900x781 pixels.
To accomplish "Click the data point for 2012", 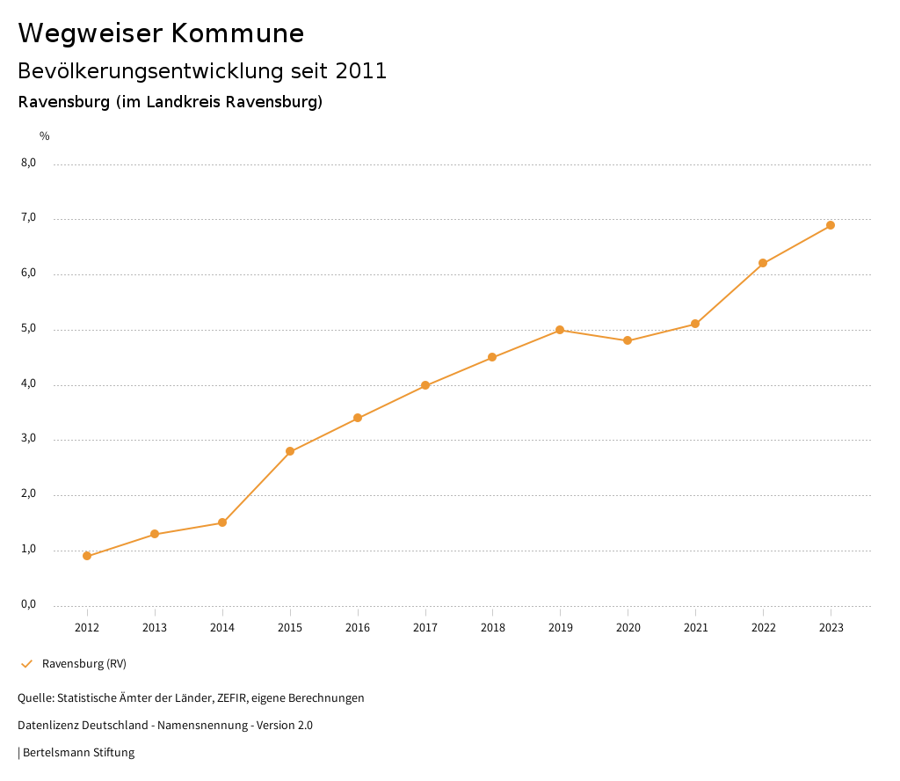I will pos(87,556).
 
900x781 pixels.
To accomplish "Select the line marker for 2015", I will pos(290,451).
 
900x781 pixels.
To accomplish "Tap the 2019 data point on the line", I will pos(560,330).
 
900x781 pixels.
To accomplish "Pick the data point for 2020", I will pos(628,340).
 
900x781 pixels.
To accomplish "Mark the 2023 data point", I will pos(831,225).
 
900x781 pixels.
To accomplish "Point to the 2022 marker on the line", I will pos(763,263).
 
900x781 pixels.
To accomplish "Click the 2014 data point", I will pos(222,522).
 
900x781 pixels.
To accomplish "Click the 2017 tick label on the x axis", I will pos(425,627).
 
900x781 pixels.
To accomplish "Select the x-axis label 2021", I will pos(695,627).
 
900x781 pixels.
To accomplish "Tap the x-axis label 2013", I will pos(155,627).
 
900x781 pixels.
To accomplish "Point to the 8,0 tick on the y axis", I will pos(28,163).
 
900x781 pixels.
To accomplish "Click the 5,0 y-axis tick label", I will pos(28,329).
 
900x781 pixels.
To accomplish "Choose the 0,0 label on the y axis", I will pos(28,604).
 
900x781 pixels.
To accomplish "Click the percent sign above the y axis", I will pos(45,136).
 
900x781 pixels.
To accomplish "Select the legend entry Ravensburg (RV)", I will pos(83,663).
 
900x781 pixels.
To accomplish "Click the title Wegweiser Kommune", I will pos(161,33).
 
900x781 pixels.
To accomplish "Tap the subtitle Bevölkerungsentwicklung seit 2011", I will pos(202,71).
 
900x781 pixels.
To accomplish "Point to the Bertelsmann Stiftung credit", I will pos(78,752).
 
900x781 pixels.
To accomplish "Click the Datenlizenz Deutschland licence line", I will pos(165,725).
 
